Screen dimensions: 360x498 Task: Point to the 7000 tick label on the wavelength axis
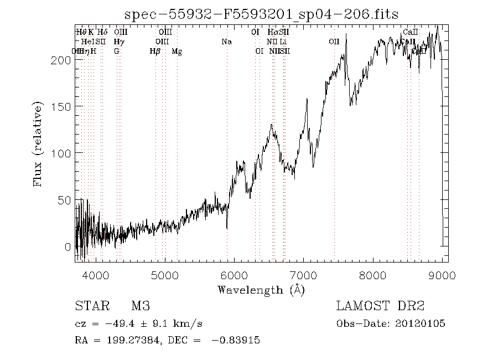click(x=304, y=275)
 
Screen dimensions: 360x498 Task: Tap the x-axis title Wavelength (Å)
click(x=261, y=290)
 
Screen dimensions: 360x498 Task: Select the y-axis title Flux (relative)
click(x=38, y=144)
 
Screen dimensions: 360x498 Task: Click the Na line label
click(x=226, y=42)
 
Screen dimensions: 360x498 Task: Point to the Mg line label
click(x=177, y=52)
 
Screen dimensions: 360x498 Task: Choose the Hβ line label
click(x=155, y=52)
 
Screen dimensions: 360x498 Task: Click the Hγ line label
click(x=118, y=42)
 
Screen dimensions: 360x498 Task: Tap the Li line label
click(x=283, y=42)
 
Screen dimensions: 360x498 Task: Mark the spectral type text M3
click(x=140, y=306)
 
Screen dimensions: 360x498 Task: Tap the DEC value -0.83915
click(x=236, y=341)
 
